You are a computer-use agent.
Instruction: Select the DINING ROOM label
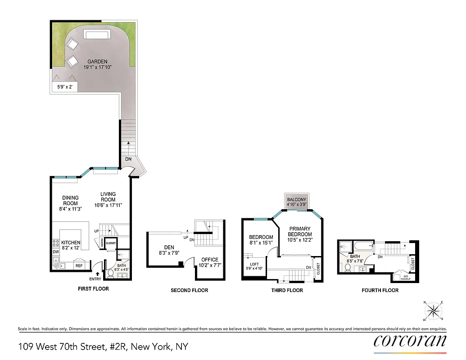pyautogui.click(x=70, y=200)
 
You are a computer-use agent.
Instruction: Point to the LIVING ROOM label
pyautogui.click(x=108, y=197)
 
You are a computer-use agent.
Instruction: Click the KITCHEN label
pyautogui.click(x=71, y=243)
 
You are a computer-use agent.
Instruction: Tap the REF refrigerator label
pyautogui.click(x=79, y=266)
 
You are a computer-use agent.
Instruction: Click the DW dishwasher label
pyautogui.click(x=56, y=252)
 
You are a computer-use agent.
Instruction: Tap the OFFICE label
pyautogui.click(x=210, y=260)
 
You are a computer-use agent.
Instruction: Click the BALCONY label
pyautogui.click(x=297, y=200)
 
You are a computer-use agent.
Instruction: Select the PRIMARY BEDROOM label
pyautogui.click(x=299, y=231)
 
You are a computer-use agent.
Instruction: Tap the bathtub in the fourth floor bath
pyautogui.click(x=363, y=246)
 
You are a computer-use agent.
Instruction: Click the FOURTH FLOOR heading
pyautogui.click(x=380, y=290)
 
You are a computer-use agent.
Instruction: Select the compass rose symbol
pyautogui.click(x=433, y=310)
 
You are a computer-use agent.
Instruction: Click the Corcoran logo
pyautogui.click(x=410, y=340)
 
